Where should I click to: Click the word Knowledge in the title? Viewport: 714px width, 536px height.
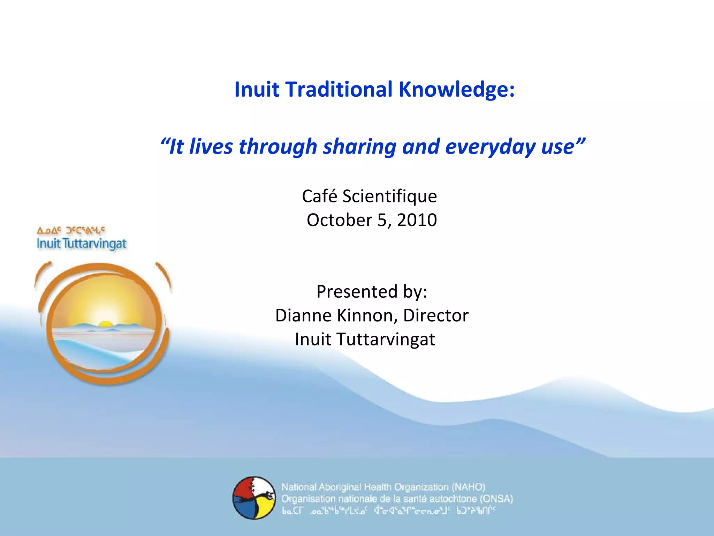[x=456, y=89]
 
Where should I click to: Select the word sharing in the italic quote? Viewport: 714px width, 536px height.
[x=359, y=147]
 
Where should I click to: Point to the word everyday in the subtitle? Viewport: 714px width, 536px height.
[x=490, y=147]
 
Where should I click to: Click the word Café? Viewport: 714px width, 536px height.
[x=320, y=196]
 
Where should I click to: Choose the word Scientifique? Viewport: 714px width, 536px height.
[x=389, y=196]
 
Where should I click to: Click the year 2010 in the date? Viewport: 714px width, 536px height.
[x=417, y=220]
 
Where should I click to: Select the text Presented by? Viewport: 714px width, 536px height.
[x=372, y=291]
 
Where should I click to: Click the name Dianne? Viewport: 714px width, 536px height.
[x=303, y=315]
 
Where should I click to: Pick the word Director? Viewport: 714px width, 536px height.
[x=436, y=315]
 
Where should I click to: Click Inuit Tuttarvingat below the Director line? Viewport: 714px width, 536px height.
[x=365, y=339]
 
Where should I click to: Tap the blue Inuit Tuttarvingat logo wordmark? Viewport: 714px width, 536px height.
[x=82, y=244]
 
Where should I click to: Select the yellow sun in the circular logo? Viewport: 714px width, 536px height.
[x=105, y=324]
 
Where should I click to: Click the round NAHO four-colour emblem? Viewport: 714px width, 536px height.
[x=254, y=498]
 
